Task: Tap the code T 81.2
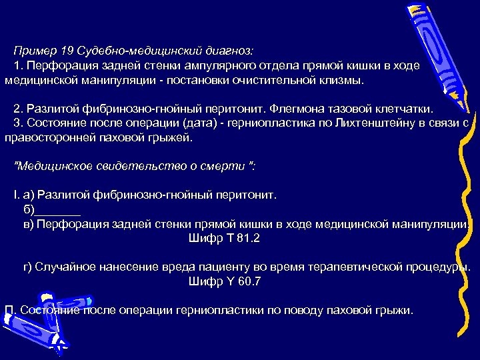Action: (x=225, y=238)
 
